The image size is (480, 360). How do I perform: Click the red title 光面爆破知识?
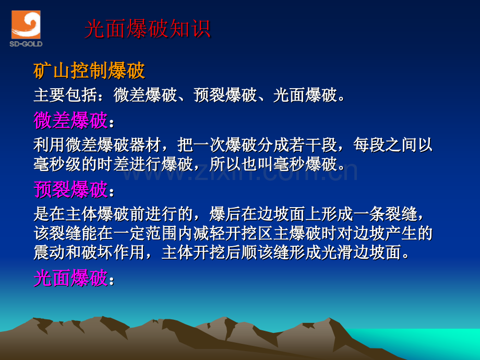(x=147, y=29)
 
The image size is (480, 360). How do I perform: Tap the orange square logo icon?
(x=26, y=25)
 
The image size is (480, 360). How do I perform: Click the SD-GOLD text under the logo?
(x=26, y=44)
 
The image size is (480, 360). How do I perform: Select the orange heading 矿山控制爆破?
(x=89, y=71)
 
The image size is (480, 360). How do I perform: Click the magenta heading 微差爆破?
(x=70, y=121)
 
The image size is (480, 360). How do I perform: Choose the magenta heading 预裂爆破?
(x=70, y=189)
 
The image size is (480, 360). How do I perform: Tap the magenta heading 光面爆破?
(x=70, y=278)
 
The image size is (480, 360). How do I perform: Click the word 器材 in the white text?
(x=146, y=145)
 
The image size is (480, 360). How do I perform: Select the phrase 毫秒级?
(x=57, y=164)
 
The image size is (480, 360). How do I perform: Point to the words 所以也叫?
(x=242, y=164)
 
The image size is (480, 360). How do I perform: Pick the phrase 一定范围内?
(x=153, y=233)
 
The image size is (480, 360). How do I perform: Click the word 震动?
(x=50, y=253)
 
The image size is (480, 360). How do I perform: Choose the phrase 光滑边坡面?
(x=361, y=253)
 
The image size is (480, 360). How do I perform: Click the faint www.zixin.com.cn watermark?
(x=241, y=172)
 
